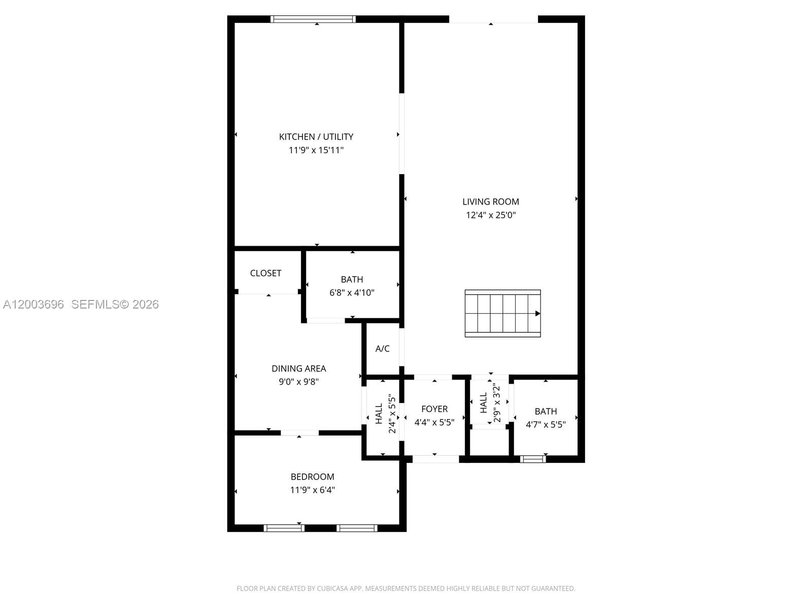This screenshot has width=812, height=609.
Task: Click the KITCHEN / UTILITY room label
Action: click(x=316, y=137)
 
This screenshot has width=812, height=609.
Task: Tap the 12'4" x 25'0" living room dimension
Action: click(x=490, y=215)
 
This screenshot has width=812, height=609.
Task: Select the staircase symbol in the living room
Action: click(x=502, y=313)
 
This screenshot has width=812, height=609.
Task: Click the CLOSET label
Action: click(x=265, y=273)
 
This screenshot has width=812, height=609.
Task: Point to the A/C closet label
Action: click(x=382, y=349)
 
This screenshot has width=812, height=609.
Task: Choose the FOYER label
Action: click(x=434, y=409)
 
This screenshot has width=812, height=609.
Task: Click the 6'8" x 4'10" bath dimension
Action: click(x=352, y=292)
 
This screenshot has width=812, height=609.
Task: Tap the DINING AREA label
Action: click(x=298, y=368)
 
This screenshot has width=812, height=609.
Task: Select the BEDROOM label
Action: click(x=312, y=477)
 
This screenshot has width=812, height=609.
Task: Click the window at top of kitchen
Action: click(x=313, y=19)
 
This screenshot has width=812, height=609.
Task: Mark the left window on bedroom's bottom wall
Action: click(x=284, y=528)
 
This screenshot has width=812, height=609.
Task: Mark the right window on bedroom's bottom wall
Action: click(x=357, y=528)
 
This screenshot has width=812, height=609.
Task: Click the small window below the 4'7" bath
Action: click(x=532, y=459)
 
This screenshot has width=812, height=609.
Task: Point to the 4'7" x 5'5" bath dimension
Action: click(x=546, y=424)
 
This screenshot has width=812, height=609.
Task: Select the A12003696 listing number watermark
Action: click(x=33, y=304)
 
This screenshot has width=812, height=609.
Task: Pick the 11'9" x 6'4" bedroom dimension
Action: click(x=312, y=490)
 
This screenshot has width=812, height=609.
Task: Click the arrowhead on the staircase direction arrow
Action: click(x=538, y=314)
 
